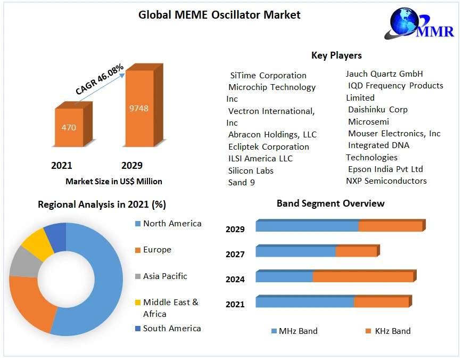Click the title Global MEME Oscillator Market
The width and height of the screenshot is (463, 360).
point(219,15)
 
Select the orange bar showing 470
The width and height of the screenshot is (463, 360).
point(69,128)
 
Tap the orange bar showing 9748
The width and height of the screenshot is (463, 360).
point(139,109)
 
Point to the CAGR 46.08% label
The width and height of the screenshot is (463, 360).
point(100,80)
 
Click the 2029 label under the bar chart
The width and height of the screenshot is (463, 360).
point(132,166)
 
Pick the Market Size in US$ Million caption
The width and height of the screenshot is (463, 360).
point(114,182)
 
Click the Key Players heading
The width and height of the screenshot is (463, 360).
point(336,55)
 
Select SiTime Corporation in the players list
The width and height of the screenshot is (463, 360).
point(268,76)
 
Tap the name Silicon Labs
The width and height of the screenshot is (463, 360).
point(251,171)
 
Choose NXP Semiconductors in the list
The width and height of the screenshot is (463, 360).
point(386,181)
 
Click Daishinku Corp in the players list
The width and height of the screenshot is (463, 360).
point(377,110)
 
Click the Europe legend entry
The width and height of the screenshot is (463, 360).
point(157,250)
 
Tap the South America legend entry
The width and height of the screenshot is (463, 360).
point(171,329)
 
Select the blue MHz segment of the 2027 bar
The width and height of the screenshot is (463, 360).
point(295,251)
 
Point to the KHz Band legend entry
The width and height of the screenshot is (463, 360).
point(392,331)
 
